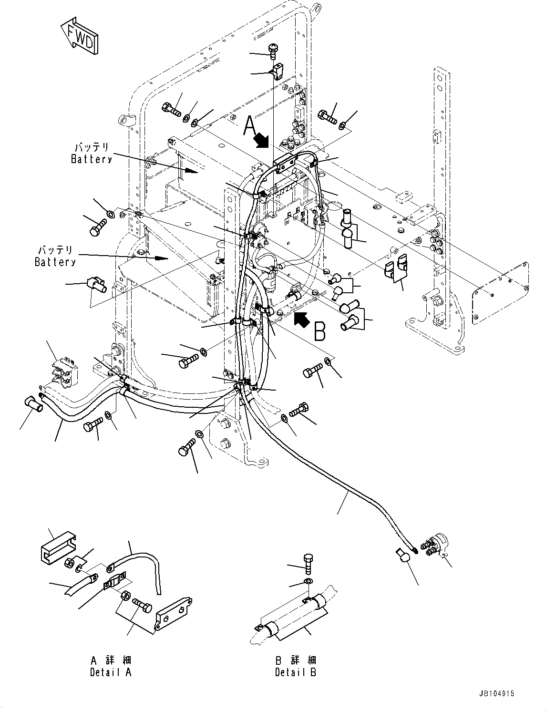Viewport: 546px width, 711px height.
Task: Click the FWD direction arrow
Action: pyautogui.click(x=80, y=35)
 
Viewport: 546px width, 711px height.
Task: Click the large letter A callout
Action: pyautogui.click(x=250, y=127)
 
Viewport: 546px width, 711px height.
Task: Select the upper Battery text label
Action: pyautogui.click(x=92, y=153)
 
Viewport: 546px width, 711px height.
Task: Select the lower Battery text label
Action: pyautogui.click(x=55, y=256)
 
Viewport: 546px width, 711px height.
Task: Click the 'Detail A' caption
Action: pyautogui.click(x=111, y=666)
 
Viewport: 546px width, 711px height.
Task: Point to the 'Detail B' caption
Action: pyautogui.click(x=295, y=666)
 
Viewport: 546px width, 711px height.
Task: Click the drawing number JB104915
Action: pyautogui.click(x=497, y=694)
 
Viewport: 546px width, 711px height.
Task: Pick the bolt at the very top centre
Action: pyautogui.click(x=273, y=50)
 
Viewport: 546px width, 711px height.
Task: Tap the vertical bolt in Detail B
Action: pyautogui.click(x=308, y=563)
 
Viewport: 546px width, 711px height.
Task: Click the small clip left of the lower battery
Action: pyautogui.click(x=95, y=285)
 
